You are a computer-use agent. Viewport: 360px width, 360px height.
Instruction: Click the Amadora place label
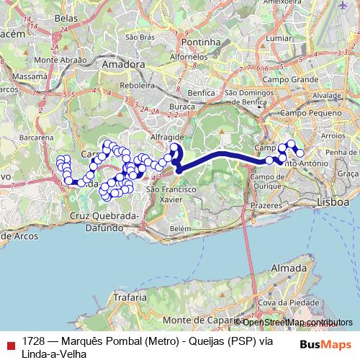[x=124, y=64]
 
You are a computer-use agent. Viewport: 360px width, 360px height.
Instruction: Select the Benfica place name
[x=201, y=94]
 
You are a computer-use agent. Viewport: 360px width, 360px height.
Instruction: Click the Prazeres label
[x=266, y=205]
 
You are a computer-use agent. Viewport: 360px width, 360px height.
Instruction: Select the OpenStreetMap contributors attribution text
[x=295, y=322]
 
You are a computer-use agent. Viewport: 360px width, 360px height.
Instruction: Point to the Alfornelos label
[x=189, y=56]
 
